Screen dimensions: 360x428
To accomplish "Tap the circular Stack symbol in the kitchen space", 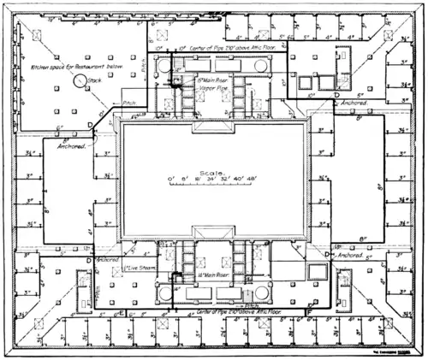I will tap(80, 80).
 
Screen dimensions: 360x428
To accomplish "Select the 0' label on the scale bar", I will tap(171, 178).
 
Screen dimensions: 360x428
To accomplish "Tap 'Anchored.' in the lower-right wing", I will tap(350, 254).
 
